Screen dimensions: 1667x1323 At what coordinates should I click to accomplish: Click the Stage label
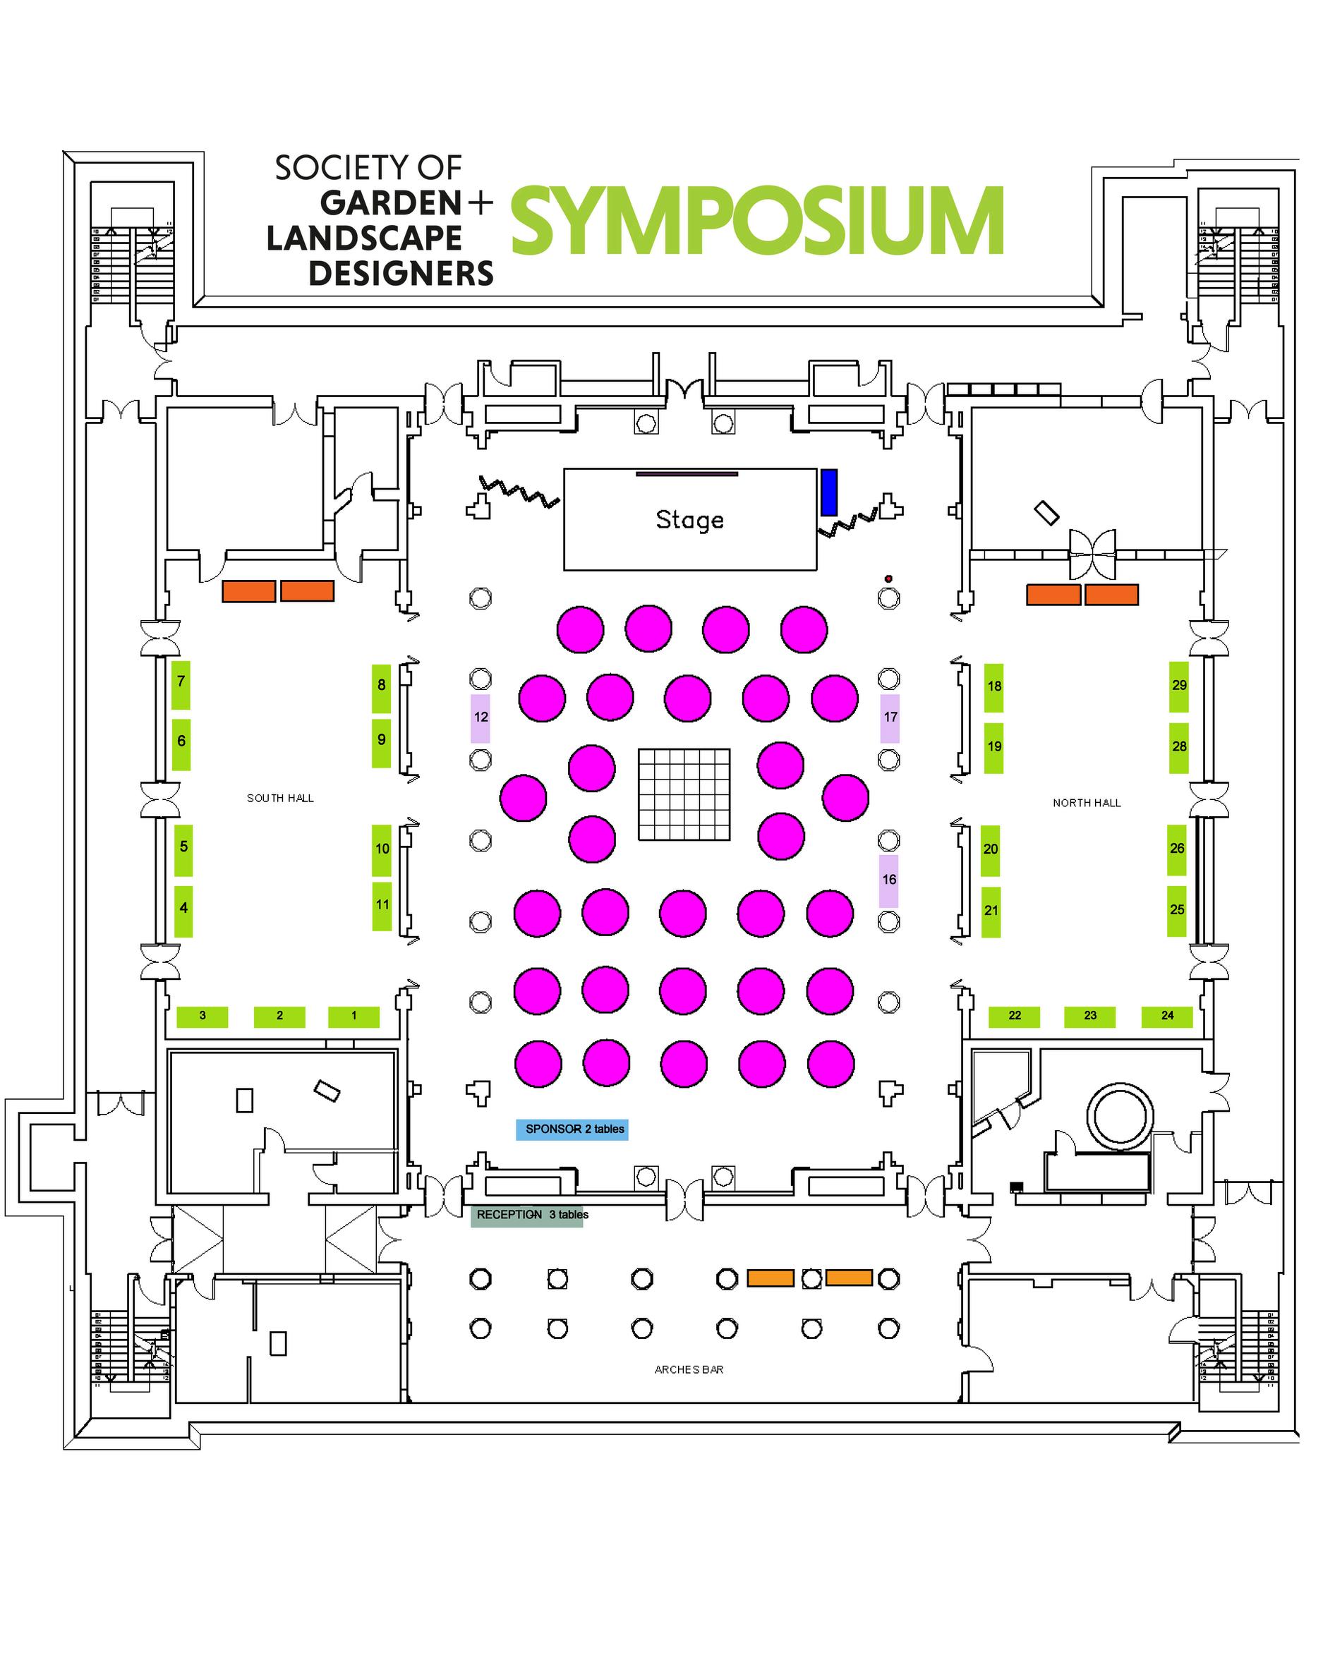[689, 520]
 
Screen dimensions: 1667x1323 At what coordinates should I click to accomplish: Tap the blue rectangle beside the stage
[828, 492]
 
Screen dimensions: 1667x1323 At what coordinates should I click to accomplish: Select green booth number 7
[181, 684]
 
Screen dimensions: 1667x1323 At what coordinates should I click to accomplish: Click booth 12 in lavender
[481, 717]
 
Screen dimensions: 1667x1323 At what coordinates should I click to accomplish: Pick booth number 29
[1178, 686]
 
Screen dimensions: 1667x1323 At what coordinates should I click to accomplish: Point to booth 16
[888, 880]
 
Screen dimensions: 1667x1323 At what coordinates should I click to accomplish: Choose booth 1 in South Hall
[354, 1016]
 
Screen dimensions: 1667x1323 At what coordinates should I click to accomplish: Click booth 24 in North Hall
[1167, 1016]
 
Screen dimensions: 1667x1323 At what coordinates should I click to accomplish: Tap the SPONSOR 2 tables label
[572, 1129]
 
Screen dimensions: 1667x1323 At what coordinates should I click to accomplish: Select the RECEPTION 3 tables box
[527, 1215]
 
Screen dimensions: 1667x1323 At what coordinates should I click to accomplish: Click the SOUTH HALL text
[280, 798]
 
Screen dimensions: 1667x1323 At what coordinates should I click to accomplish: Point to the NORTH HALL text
[1086, 803]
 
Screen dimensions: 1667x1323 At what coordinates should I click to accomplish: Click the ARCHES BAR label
[688, 1369]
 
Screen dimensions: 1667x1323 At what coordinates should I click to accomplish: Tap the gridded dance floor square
[684, 794]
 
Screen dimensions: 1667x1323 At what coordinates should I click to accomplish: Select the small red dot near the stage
[888, 578]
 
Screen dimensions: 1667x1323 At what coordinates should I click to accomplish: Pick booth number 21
[991, 911]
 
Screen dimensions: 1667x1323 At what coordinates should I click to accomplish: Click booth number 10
[382, 849]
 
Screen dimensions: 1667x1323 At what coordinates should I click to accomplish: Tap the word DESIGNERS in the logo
[401, 274]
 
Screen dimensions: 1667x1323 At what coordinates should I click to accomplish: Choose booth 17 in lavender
[889, 717]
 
